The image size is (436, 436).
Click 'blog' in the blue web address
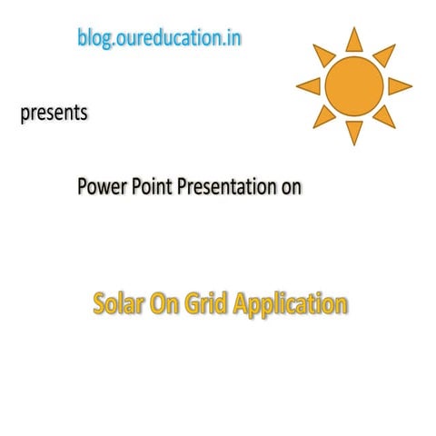coord(94,41)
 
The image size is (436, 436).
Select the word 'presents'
coord(54,115)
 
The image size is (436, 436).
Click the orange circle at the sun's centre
coord(354,85)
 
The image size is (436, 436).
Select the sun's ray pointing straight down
coord(354,133)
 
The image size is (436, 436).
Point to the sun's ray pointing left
coord(309,85)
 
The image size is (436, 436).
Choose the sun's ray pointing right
coord(400,85)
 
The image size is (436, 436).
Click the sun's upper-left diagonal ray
coord(322,54)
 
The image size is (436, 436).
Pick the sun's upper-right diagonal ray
coord(386,54)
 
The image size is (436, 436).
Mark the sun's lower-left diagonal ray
coord(322,117)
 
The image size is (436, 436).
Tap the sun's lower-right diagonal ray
coord(385,116)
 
